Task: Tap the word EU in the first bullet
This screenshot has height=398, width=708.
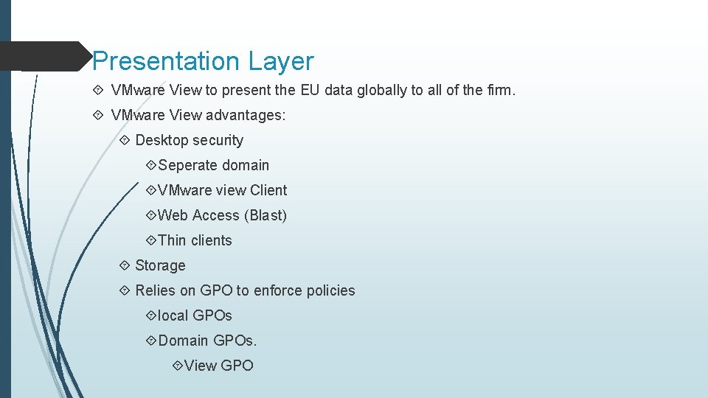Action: point(310,91)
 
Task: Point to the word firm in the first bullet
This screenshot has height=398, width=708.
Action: point(497,91)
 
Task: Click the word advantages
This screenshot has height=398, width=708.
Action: point(246,115)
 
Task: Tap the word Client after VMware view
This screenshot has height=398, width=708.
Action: point(268,190)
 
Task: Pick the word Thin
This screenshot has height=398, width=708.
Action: point(172,240)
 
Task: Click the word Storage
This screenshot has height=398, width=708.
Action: point(160,265)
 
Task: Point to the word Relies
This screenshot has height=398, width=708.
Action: point(156,290)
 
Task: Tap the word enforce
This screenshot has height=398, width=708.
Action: point(277,290)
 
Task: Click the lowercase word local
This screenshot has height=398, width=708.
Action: point(173,315)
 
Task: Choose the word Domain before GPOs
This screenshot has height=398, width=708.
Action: point(184,341)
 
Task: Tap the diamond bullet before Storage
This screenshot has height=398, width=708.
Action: point(124,265)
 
